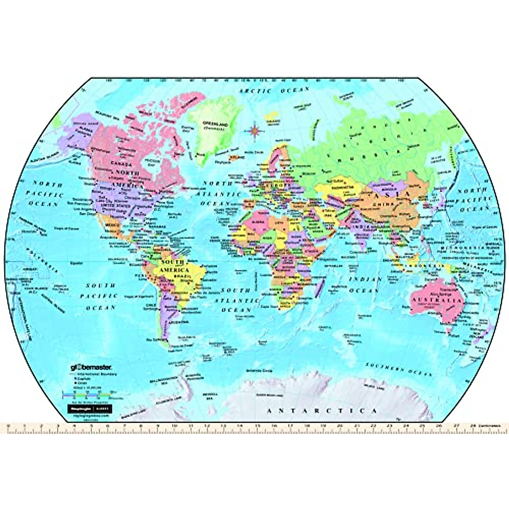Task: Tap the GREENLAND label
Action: pyautogui.click(x=215, y=124)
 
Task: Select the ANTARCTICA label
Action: pyautogui.click(x=321, y=411)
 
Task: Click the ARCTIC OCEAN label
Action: pyautogui.click(x=274, y=90)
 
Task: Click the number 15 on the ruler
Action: pyautogui.click(x=257, y=425)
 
